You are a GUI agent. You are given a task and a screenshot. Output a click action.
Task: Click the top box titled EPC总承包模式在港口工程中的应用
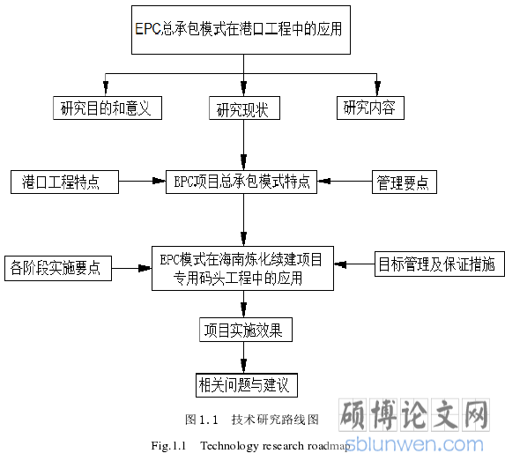tap(241, 30)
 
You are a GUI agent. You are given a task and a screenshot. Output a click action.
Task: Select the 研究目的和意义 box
tap(108, 108)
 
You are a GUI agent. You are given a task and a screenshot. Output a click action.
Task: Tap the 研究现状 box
tap(244, 108)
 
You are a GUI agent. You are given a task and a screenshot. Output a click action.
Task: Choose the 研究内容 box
tap(370, 108)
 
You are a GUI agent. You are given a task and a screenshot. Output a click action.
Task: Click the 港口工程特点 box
tap(64, 182)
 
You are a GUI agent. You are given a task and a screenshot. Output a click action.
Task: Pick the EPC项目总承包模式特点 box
tap(241, 182)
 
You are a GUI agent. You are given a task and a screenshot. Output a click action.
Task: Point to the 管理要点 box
tap(405, 182)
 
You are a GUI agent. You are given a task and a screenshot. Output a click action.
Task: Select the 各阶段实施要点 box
tap(58, 268)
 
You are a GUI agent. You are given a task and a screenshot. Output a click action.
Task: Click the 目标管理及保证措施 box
tap(440, 264)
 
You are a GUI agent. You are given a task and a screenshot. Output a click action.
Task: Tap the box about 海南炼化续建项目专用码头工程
tap(242, 268)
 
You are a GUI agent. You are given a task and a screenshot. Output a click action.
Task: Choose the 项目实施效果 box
tap(246, 330)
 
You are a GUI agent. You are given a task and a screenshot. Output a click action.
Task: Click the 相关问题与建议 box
tap(247, 385)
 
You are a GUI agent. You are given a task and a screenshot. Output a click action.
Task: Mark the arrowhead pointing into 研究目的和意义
tap(106, 88)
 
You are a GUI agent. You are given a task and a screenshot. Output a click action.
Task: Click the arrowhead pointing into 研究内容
tap(377, 88)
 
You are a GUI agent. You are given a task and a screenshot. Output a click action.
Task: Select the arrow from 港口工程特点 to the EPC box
tap(142, 181)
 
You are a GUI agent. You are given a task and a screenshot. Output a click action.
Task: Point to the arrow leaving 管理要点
tap(345, 181)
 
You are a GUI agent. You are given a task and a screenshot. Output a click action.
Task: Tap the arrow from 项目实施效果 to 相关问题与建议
tap(244, 357)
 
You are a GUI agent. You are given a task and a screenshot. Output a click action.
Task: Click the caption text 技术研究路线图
tap(275, 420)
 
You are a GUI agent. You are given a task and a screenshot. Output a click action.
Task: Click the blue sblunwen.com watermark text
tap(414, 444)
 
